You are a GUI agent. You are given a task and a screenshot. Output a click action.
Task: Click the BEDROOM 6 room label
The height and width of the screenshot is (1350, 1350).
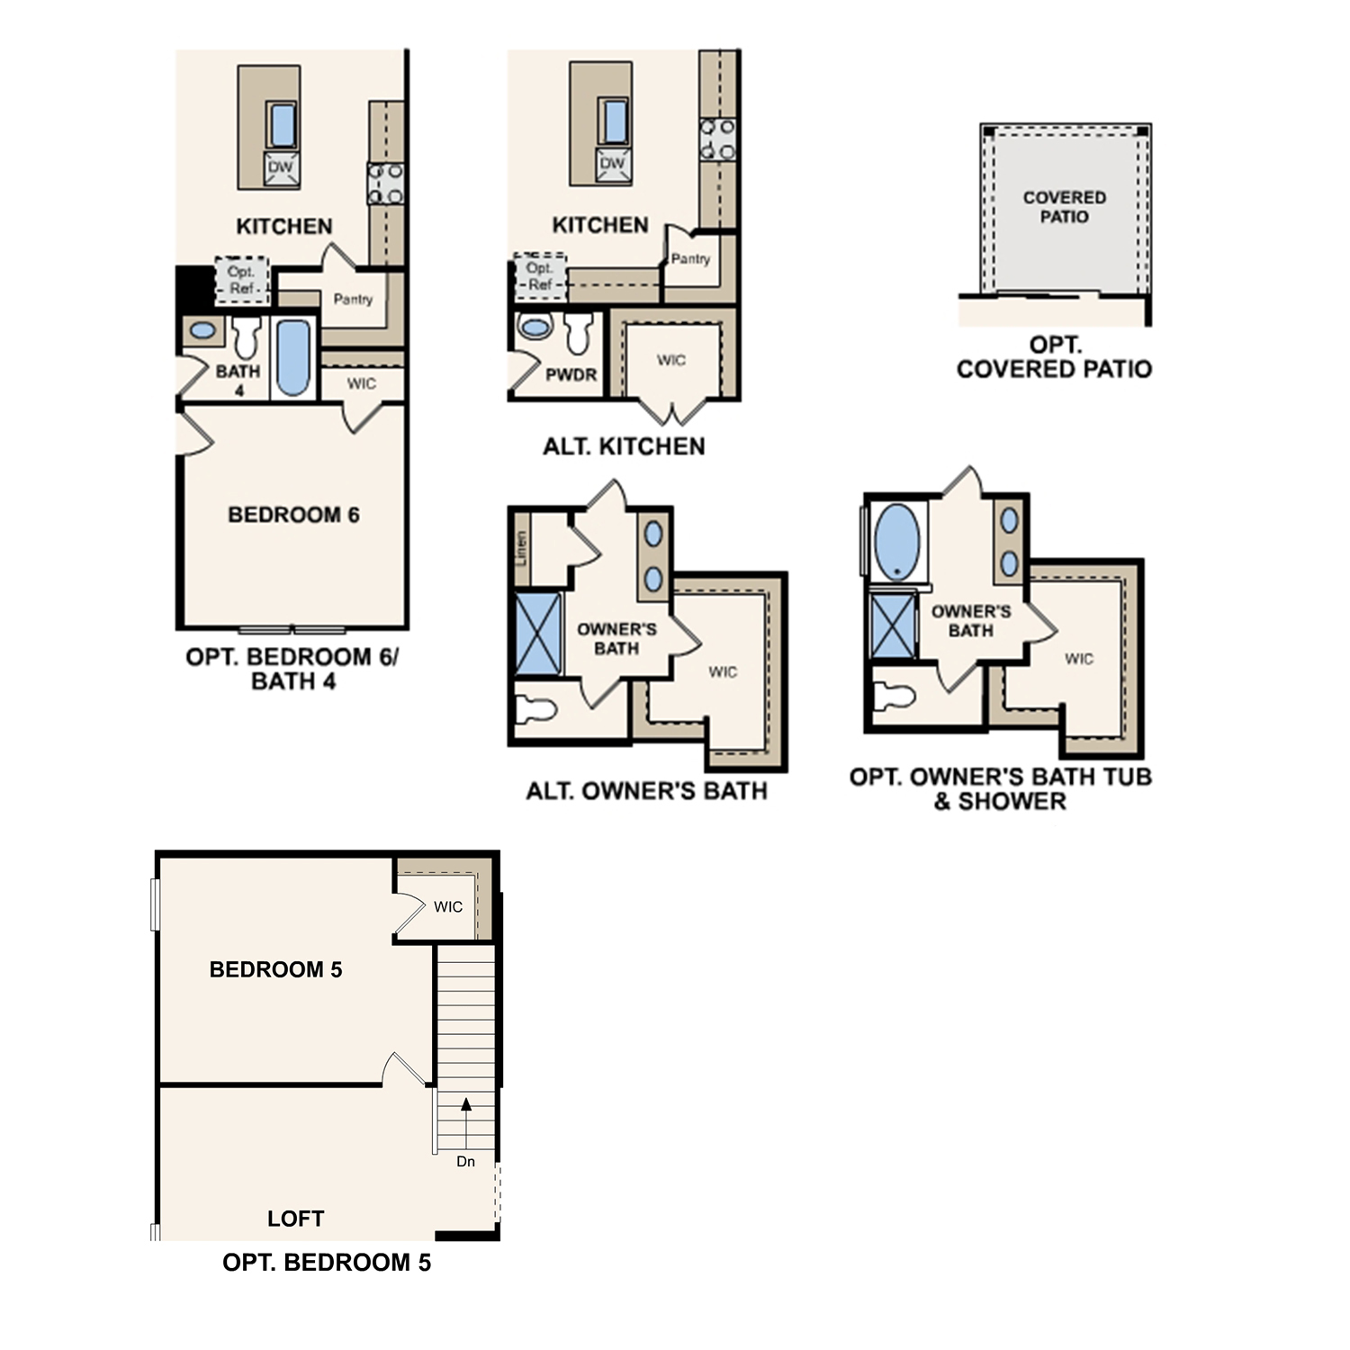[293, 515]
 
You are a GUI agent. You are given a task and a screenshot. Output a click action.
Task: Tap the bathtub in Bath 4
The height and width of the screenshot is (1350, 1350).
[293, 358]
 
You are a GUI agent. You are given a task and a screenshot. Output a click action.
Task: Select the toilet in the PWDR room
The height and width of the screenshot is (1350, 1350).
[579, 333]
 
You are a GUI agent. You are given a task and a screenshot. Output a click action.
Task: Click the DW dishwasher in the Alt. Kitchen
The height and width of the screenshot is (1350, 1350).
[613, 165]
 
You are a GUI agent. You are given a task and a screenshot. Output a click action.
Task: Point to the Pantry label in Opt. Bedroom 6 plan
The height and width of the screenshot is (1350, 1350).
[353, 299]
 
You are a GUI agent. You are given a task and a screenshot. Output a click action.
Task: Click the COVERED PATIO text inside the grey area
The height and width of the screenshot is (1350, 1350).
[1064, 207]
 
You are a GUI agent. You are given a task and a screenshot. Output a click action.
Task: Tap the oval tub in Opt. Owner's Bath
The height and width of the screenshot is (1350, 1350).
[897, 541]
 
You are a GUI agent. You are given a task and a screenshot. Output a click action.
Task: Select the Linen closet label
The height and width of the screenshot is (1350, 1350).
[521, 547]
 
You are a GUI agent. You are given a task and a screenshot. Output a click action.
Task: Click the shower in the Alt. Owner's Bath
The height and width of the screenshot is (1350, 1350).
[538, 633]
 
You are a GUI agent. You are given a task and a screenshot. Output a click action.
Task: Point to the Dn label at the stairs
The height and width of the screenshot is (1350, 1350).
[465, 1161]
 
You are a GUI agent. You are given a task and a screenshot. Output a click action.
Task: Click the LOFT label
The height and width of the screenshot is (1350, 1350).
[295, 1219]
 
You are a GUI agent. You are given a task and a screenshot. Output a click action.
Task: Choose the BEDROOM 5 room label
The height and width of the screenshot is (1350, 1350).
[275, 969]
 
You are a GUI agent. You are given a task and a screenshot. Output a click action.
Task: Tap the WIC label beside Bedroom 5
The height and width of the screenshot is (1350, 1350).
[448, 906]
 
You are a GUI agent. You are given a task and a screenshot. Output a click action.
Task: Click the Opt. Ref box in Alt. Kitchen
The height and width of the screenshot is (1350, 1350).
[540, 276]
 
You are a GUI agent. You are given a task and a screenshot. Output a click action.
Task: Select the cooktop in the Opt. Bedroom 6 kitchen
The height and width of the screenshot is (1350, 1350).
[385, 184]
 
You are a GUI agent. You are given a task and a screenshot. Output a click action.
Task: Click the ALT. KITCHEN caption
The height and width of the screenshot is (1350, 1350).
[624, 446]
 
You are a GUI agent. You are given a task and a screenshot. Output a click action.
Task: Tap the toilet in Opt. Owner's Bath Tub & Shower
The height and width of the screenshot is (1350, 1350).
[895, 696]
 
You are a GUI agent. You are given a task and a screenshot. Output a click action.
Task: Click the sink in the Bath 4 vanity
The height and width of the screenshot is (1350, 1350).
[203, 330]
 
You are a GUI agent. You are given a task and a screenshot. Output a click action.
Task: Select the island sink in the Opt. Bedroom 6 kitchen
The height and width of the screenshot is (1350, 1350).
[282, 125]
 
